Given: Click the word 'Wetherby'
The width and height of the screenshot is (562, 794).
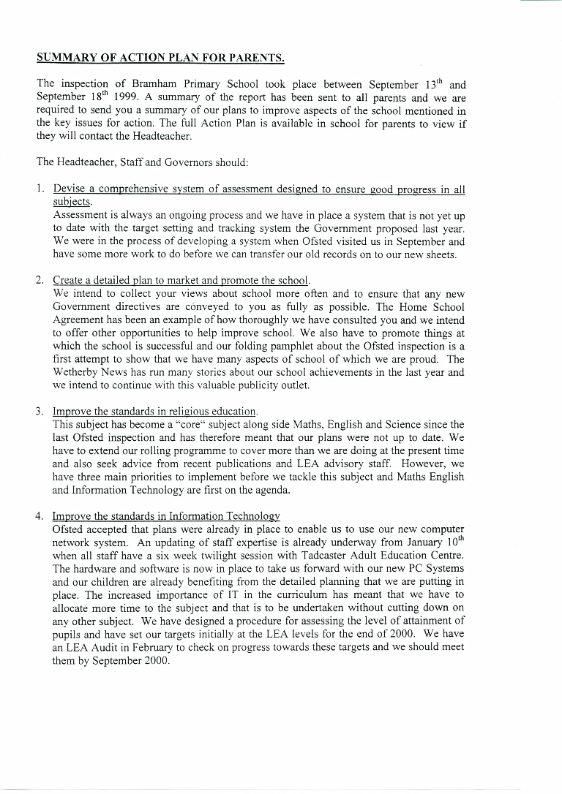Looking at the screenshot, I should tap(78, 372).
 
